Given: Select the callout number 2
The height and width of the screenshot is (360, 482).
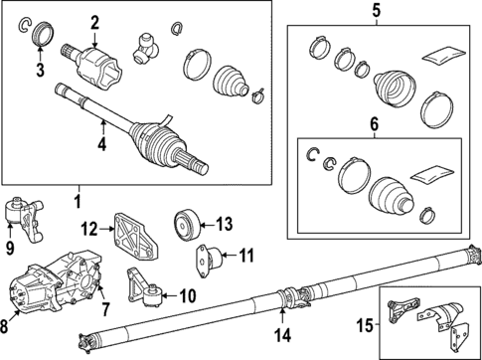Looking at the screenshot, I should [x=95, y=23].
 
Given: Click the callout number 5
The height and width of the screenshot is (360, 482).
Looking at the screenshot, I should [x=377, y=11].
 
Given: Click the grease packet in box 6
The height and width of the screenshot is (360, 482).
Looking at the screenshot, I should [x=430, y=171].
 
